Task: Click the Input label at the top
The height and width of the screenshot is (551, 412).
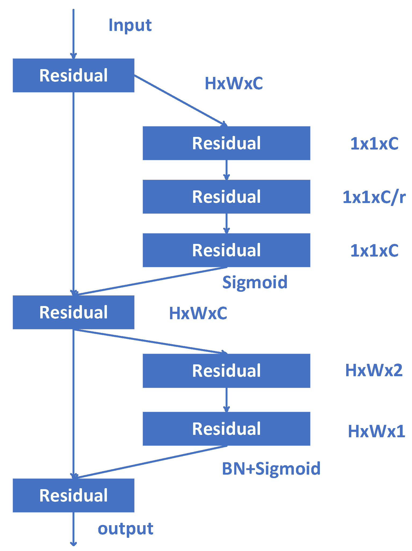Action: [x=130, y=26]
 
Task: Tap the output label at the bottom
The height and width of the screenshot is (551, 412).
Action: [x=125, y=529]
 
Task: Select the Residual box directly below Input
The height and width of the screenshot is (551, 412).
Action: [x=73, y=75]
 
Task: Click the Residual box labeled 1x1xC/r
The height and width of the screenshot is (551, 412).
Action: [x=226, y=197]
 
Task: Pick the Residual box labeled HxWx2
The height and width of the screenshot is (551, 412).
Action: [x=226, y=371]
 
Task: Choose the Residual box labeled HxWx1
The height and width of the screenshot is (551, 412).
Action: [x=226, y=429]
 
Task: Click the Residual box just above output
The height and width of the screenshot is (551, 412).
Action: [x=73, y=495]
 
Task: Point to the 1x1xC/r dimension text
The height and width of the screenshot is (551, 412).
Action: [x=374, y=197]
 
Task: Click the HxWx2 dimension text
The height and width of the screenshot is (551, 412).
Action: [x=374, y=370]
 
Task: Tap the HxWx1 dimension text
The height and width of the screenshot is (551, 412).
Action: [x=376, y=431]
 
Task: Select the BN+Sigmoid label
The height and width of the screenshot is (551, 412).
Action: [x=271, y=469]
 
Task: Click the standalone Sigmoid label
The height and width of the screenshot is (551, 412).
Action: [x=255, y=282]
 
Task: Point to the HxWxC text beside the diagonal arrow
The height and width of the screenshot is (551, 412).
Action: [x=234, y=83]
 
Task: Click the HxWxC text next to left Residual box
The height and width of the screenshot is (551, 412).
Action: [x=198, y=313]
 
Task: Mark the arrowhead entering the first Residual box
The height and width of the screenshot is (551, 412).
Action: [x=73, y=56]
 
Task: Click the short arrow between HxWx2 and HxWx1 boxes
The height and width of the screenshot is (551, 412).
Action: [x=226, y=400]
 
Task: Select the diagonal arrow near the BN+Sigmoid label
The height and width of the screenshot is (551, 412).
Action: [x=150, y=462]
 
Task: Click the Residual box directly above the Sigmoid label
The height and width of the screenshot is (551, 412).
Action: [x=226, y=250]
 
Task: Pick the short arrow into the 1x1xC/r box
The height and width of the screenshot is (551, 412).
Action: [x=226, y=170]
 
